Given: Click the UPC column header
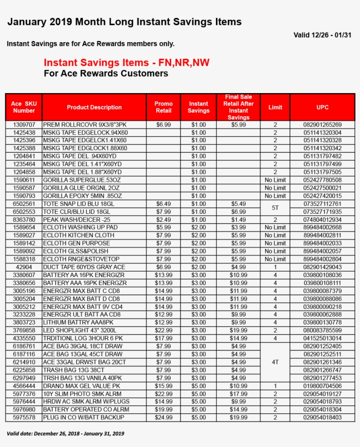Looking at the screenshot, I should pos(322,107).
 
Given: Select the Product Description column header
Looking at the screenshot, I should pos(94,107).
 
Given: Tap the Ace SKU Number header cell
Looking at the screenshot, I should pos(24,107).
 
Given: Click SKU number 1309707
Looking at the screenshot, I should pos(24,125).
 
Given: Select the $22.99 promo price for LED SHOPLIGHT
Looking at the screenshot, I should pos(163,330).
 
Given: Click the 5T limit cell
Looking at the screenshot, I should pos(275,208).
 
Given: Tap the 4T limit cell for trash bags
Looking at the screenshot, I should pos(275,362).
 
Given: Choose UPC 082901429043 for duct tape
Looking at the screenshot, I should pos(322,267).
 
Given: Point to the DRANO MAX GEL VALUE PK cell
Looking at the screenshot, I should pos(82,386).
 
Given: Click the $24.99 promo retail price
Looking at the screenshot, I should pos(163,418).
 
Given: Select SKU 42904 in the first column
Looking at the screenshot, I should pos(24,267).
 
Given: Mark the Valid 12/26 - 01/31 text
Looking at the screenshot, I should pos(322,35).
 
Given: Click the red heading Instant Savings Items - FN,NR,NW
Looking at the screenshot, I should pos(126,63).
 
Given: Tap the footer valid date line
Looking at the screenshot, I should pos(65,433).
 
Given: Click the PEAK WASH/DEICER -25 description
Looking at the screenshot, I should pos(76,220).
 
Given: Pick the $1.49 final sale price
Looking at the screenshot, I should pos(238,220).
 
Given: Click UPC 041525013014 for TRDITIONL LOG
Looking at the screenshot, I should pos(322,338).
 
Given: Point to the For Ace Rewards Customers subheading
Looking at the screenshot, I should pos(106,74).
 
